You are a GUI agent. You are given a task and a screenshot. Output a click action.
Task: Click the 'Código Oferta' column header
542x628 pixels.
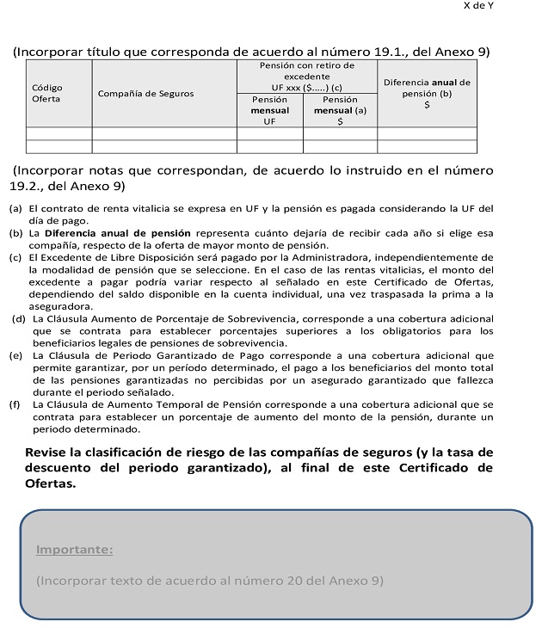coord(46,94)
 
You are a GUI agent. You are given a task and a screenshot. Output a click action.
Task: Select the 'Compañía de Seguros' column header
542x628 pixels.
coord(145,94)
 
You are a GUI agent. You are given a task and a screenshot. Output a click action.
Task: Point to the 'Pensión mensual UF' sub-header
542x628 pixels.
coord(269,111)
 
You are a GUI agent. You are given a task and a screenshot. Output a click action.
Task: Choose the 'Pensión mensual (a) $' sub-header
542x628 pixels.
coord(340,111)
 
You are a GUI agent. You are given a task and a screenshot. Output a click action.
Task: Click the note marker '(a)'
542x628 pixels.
coord(15,209)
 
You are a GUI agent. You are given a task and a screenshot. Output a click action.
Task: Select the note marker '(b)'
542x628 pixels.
coord(15,233)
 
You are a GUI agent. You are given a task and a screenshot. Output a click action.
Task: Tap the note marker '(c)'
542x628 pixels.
coord(15,257)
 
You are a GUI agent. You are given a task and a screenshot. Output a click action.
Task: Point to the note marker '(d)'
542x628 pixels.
coord(17,319)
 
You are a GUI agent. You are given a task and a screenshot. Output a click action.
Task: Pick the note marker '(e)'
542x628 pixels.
coord(15,355)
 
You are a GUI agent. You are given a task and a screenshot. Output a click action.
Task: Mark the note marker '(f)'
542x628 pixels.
coord(15,404)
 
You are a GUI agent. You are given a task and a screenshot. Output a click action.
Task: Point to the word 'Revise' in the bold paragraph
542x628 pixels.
coord(48,452)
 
